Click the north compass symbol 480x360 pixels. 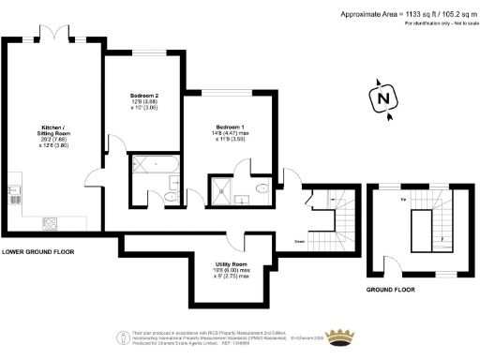[x=381, y=98]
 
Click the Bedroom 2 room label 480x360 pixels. [x=144, y=95]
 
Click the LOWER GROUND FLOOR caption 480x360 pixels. [x=38, y=252]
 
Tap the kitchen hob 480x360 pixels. [x=49, y=223]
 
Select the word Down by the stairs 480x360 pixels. [x=300, y=241]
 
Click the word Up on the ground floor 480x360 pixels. [x=403, y=200]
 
